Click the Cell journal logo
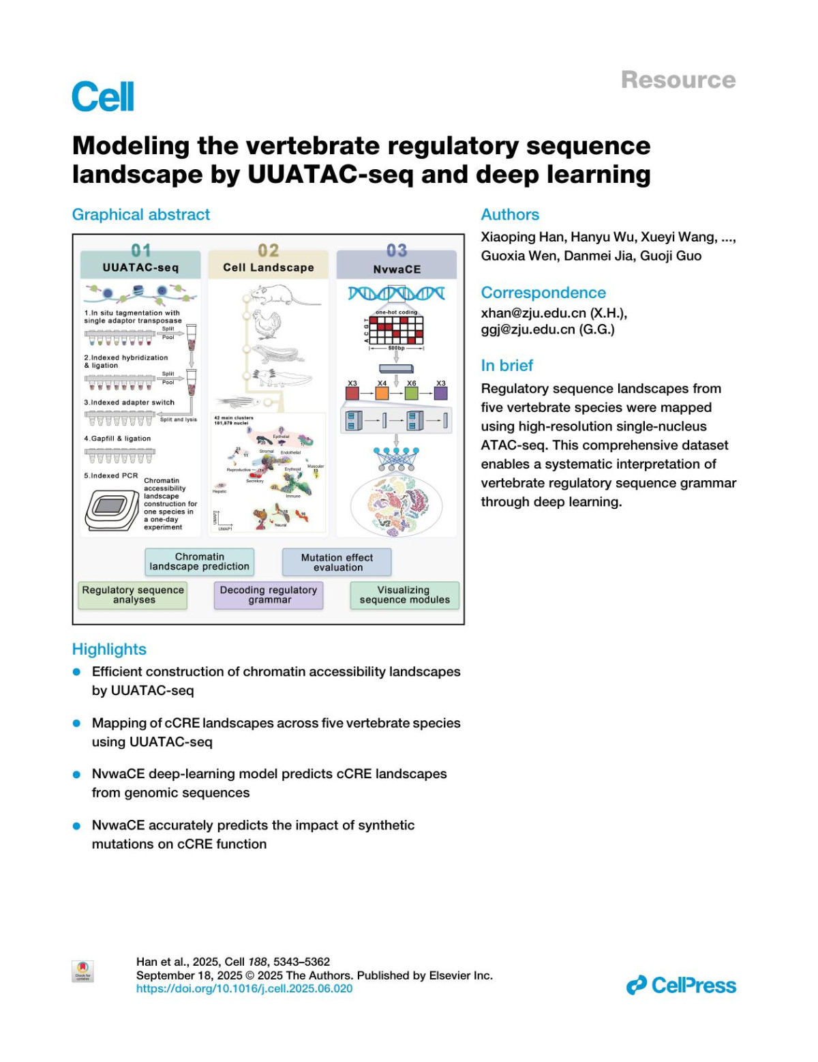(x=103, y=96)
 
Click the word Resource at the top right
(x=678, y=80)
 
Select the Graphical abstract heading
(x=141, y=215)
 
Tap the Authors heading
(x=510, y=215)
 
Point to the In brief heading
(x=506, y=366)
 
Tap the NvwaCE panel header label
(x=397, y=269)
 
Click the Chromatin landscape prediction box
(x=199, y=562)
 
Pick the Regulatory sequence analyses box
(x=133, y=595)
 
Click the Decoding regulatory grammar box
(x=269, y=595)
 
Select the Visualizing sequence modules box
(x=404, y=595)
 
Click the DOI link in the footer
(x=244, y=988)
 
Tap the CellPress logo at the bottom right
(x=681, y=986)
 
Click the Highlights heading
(x=109, y=649)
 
